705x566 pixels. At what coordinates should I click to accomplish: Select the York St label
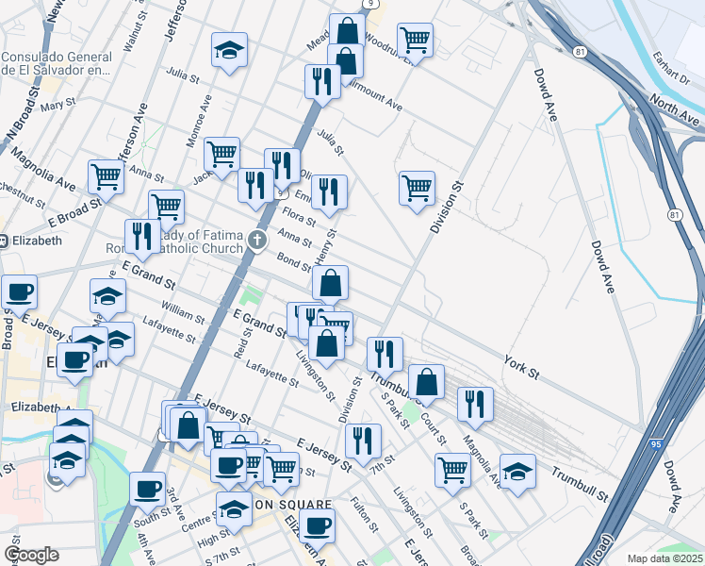pos(520,367)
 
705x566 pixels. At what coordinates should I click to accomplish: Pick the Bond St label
pos(293,258)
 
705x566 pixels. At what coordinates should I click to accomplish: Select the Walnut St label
pos(131,27)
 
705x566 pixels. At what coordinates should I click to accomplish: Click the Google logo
pos(31,555)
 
